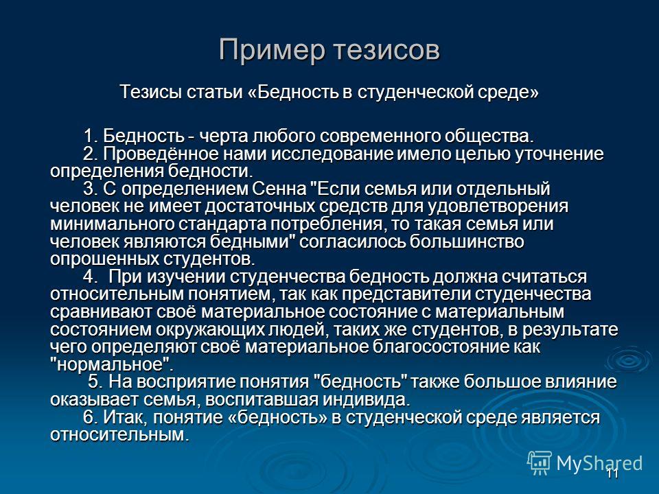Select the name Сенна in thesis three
[279, 189]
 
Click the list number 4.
[89, 277]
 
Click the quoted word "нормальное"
[111, 364]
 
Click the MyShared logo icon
[540, 463]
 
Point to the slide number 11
[613, 474]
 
